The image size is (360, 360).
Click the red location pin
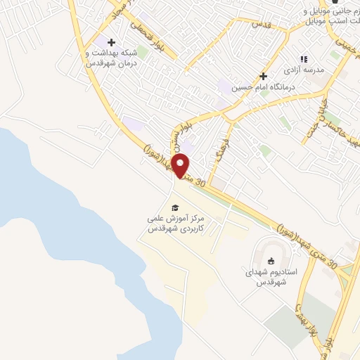pyautogui.click(x=181, y=166)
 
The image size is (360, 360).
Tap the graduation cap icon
pyautogui.click(x=175, y=207)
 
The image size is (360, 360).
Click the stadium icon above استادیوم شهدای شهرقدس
pyautogui.click(x=271, y=262)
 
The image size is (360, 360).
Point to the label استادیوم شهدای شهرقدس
pyautogui.click(x=272, y=276)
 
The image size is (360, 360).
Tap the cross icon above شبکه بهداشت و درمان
pyautogui.click(x=111, y=42)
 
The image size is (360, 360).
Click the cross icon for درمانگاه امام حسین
pyautogui.click(x=263, y=76)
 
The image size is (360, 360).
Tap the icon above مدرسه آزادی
pyautogui.click(x=304, y=60)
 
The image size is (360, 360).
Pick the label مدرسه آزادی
pyautogui.click(x=303, y=71)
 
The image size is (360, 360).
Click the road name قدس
pyautogui.click(x=261, y=22)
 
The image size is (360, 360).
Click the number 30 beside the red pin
pyautogui.click(x=201, y=182)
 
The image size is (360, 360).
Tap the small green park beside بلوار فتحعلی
pyautogui.click(x=142, y=51)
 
